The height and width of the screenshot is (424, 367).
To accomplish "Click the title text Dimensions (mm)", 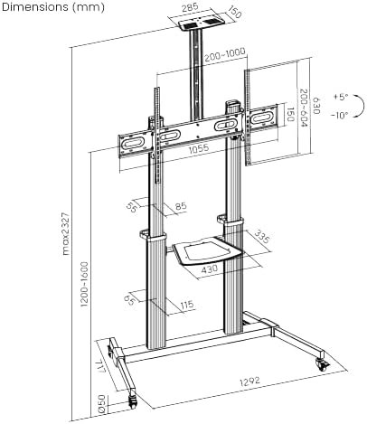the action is tap(53, 7).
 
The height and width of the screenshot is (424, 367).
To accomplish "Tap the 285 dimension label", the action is tap(190, 7).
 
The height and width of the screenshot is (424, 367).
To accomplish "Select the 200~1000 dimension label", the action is tap(225, 55).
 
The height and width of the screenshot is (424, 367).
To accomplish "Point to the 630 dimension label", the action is tap(315, 105).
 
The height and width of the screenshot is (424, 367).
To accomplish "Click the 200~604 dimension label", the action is tap(303, 108).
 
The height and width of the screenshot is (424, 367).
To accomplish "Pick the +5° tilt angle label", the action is tap(341, 97).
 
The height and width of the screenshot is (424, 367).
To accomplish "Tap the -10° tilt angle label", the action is tap(339, 115).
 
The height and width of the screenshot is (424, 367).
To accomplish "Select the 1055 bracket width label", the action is tap(199, 148).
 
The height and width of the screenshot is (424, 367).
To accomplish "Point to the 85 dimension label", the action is tap(181, 206).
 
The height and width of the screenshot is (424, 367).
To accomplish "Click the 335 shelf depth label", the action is tap(261, 237).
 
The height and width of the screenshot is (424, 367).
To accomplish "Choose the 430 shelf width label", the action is tap(209, 269).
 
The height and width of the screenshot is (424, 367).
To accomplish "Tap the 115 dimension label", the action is tap(187, 305).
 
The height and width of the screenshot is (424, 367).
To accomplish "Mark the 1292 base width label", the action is tap(249, 382).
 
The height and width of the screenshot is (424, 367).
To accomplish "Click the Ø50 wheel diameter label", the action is tap(102, 403).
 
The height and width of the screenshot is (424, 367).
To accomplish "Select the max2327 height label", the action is tap(66, 234).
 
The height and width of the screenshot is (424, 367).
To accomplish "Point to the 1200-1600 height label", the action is tap(84, 284).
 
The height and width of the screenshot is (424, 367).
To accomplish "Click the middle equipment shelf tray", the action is tap(206, 250).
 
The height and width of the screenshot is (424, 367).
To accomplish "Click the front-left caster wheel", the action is tap(133, 401).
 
